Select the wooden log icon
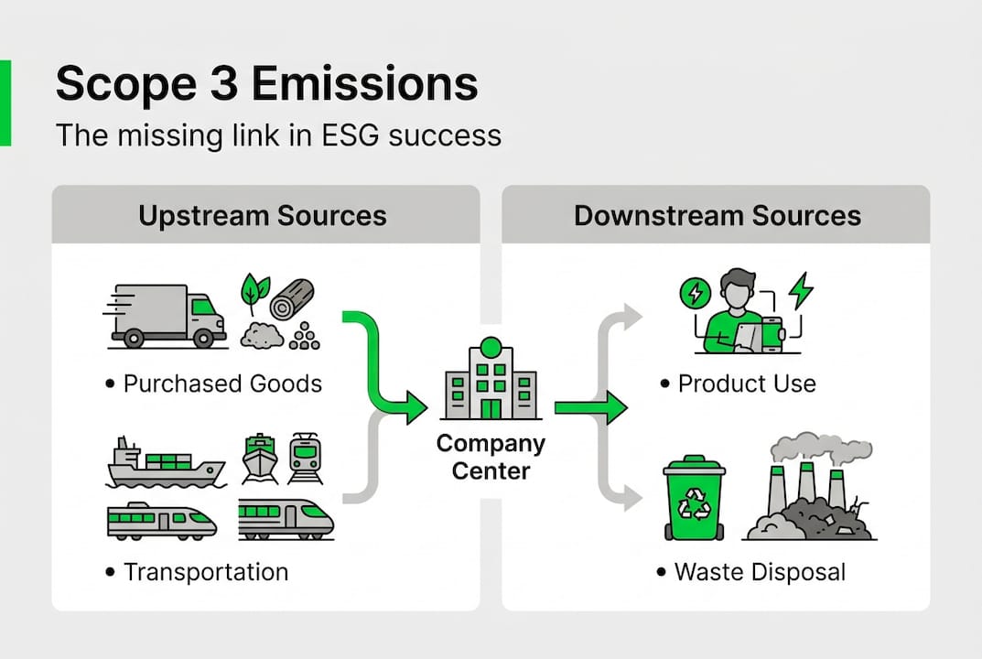tap(293, 298)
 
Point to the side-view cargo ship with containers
tap(165, 464)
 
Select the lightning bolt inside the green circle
tap(695, 294)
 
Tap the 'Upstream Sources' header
tap(263, 216)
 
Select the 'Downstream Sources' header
tap(718, 216)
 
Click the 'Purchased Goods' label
tap(222, 383)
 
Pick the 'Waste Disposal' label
tap(760, 572)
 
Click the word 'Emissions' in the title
tap(364, 84)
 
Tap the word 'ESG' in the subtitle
tap(351, 135)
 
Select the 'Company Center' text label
tap(491, 458)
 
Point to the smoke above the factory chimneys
tap(819, 446)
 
